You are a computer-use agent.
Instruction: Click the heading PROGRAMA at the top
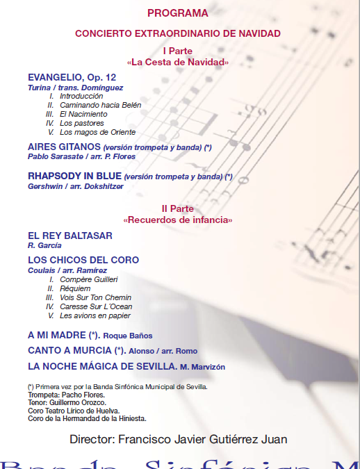(x=177, y=13)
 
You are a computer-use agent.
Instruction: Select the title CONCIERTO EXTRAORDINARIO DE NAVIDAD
(x=177, y=33)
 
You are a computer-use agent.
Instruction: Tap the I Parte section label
(x=177, y=51)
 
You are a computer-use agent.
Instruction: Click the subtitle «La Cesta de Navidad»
(x=177, y=63)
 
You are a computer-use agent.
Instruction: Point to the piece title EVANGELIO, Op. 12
(x=72, y=76)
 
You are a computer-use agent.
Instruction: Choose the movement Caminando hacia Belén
(x=100, y=105)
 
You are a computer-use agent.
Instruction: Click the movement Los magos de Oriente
(x=97, y=132)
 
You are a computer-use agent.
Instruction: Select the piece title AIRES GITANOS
(x=64, y=147)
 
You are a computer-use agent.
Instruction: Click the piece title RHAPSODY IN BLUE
(x=74, y=176)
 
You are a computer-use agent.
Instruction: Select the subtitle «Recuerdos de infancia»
(x=177, y=220)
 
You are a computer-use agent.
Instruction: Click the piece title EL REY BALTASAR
(x=69, y=236)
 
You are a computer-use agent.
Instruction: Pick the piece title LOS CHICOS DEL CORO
(x=83, y=260)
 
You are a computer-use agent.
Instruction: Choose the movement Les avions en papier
(x=95, y=315)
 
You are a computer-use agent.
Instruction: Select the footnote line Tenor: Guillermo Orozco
(x=67, y=402)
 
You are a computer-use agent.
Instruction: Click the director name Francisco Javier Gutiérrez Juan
(x=203, y=439)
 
